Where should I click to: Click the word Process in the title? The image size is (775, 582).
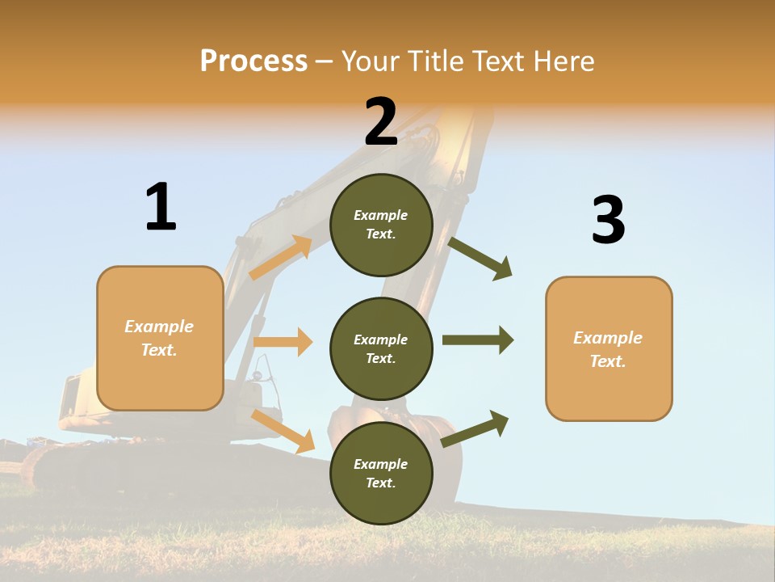[253, 61]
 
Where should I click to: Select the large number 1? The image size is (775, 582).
[161, 207]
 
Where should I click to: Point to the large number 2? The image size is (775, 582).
[381, 122]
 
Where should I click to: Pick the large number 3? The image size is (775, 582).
[608, 221]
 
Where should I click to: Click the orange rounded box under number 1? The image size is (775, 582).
[160, 338]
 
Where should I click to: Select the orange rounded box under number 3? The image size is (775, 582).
[609, 349]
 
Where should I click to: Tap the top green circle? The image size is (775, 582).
[381, 225]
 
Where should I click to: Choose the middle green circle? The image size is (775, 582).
[381, 348]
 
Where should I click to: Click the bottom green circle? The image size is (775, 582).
[381, 473]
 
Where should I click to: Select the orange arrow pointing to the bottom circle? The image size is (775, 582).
[283, 431]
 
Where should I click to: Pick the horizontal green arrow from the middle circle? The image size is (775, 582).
[477, 340]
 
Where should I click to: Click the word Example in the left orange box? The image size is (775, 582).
[159, 327]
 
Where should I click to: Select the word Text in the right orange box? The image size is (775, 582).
[607, 361]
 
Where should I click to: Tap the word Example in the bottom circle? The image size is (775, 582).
[380, 464]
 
